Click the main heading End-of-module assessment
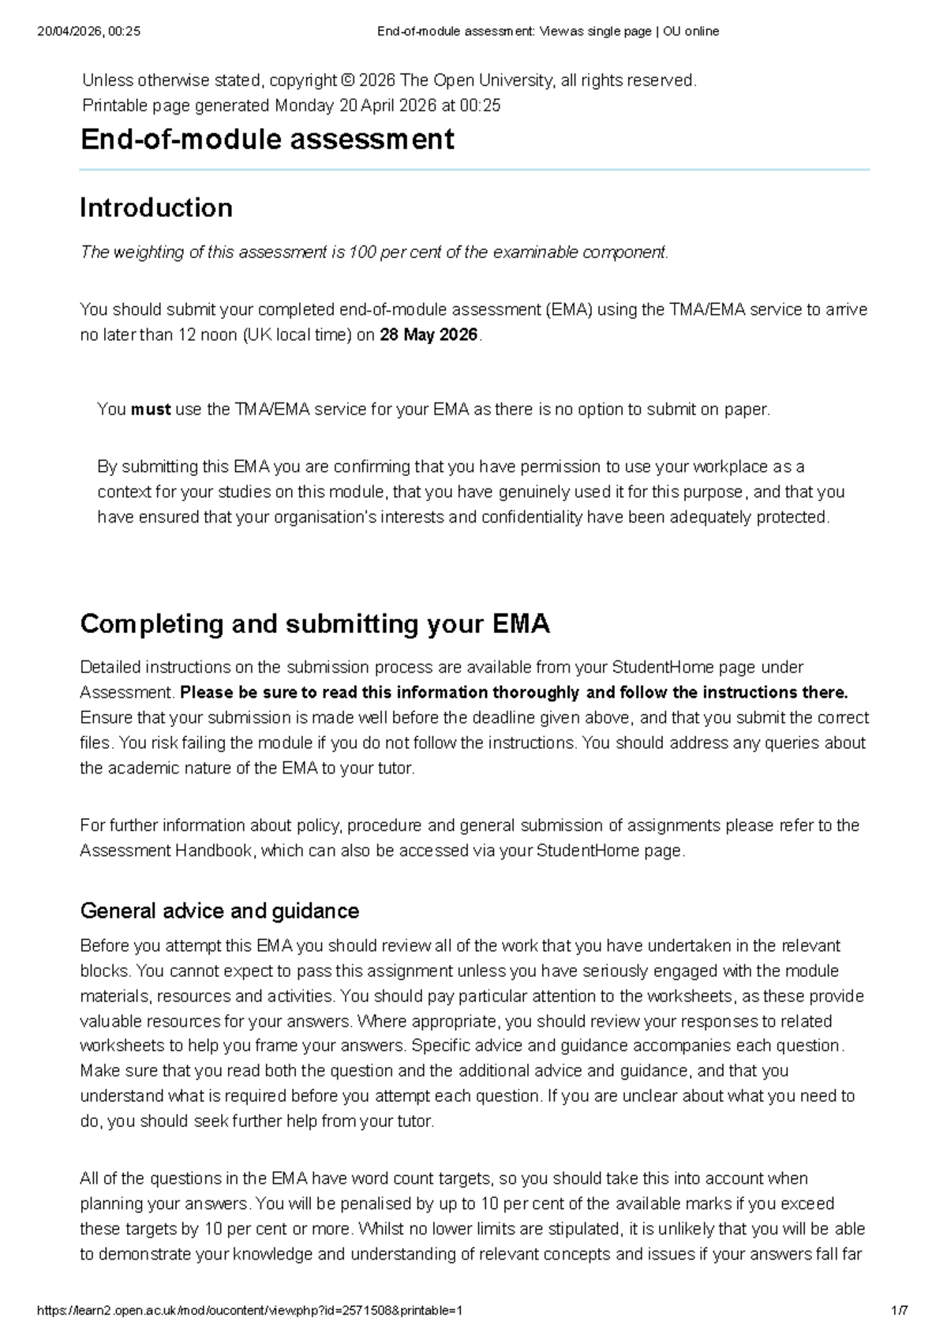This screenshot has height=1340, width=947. pos(267,140)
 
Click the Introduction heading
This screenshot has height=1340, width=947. pos(156,208)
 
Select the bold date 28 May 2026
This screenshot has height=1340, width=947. pos(429,335)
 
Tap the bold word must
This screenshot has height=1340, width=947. pos(151,410)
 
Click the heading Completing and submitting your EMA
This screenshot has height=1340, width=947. pos(315,624)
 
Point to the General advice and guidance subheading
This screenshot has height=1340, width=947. pos(219,911)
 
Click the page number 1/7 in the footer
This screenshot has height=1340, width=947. pos(899,1311)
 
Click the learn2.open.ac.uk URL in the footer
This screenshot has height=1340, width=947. pos(249,1311)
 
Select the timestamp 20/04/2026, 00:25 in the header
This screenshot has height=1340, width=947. pos(88,32)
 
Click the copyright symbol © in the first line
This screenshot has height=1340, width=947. pos(348,80)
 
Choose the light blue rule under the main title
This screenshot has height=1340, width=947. pos(473,170)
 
